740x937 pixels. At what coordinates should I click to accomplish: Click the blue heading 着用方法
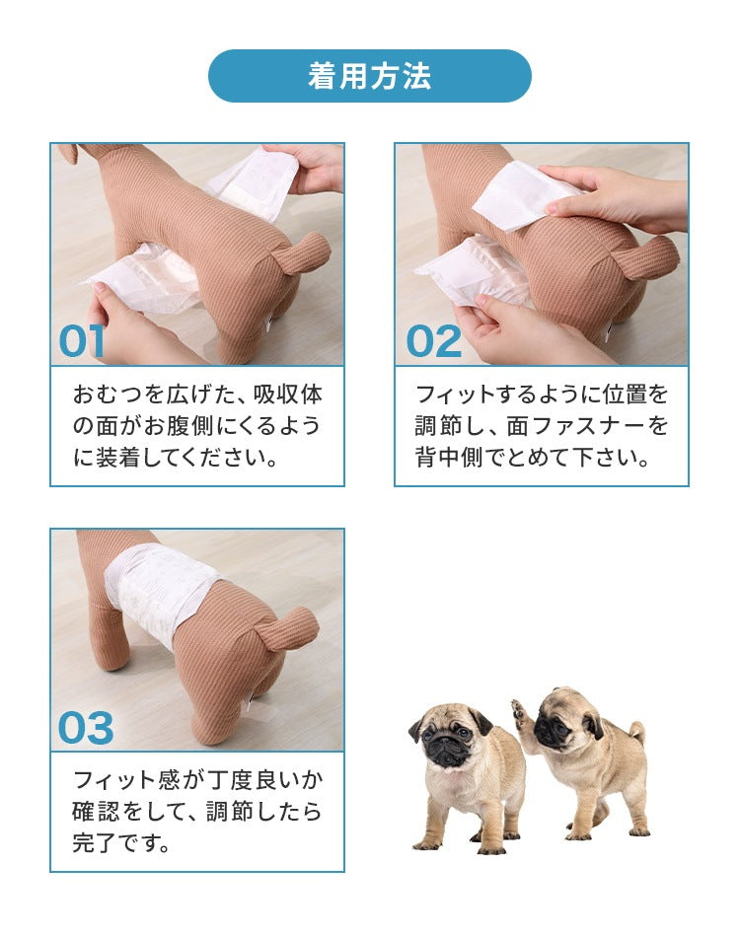coord(369,77)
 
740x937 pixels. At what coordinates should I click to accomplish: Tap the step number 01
coord(81,342)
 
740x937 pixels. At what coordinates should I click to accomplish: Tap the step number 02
coord(433,342)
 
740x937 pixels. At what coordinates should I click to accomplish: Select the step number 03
coord(86,729)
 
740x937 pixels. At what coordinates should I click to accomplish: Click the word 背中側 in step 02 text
coord(449,458)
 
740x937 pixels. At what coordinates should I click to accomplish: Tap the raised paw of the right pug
coord(521,712)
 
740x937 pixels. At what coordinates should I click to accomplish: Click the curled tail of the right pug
coord(636,733)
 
